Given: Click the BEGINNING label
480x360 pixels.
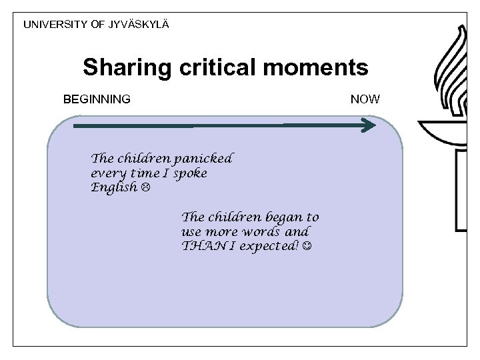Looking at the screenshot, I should [x=97, y=99].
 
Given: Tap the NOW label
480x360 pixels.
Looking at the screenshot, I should [x=365, y=99].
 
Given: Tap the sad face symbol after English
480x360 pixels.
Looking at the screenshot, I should [x=145, y=188].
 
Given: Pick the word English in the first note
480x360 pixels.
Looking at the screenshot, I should [x=113, y=188].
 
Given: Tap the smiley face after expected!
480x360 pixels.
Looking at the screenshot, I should [x=306, y=247].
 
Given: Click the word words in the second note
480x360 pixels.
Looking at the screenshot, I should [x=264, y=232].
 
